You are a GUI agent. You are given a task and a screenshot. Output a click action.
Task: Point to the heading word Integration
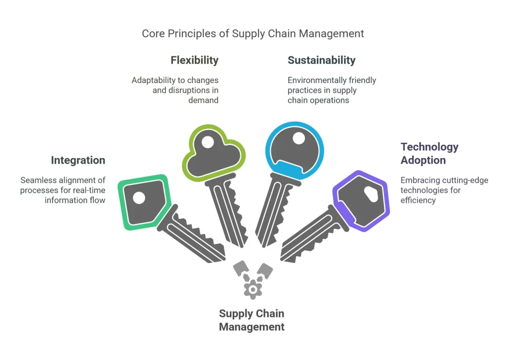[x=78, y=160]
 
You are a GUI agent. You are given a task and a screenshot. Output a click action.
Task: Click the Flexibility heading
[x=194, y=60]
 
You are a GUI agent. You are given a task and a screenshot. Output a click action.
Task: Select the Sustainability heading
[x=322, y=60]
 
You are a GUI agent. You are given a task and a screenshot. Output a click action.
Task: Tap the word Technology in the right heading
[x=423, y=147]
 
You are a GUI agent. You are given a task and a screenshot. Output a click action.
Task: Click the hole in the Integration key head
[x=139, y=198]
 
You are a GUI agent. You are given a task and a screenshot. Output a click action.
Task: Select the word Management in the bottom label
[x=252, y=326]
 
